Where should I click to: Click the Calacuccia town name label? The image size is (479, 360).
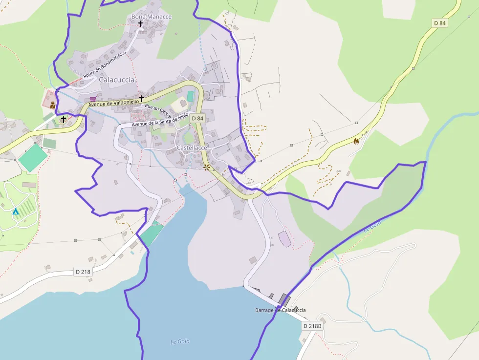point(116,80)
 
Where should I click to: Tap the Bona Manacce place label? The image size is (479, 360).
point(152,17)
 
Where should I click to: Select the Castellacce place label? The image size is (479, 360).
point(192,148)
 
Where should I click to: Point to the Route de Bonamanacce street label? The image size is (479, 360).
point(105,64)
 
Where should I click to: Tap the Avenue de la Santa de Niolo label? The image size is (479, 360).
point(159,120)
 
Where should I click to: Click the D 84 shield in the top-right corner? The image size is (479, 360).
point(440,23)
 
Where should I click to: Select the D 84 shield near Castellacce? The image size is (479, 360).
point(197,118)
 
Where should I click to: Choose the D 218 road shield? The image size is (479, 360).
point(84,272)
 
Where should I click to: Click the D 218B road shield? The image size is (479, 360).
point(312,326)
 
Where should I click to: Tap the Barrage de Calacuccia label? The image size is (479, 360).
point(280,310)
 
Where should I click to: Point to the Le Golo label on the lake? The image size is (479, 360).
point(180,341)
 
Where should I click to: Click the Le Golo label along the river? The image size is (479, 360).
point(372,226)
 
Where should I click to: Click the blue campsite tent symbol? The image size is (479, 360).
point(15,211)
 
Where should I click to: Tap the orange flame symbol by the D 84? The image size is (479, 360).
point(356,141)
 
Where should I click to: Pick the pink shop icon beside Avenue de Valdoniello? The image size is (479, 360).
point(93,99)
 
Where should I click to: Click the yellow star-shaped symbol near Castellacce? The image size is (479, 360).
point(207,167)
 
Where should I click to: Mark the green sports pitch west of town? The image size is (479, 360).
point(33,157)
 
